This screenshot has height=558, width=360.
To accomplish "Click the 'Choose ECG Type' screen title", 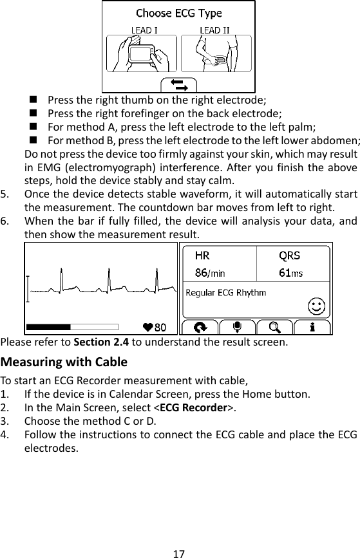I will point(178,13).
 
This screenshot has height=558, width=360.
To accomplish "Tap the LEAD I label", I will point(142,30).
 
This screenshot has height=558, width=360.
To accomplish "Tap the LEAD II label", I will point(214,30).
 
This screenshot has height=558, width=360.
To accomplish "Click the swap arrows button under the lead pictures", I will point(178,84).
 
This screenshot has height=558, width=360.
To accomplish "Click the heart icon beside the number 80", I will point(148,326).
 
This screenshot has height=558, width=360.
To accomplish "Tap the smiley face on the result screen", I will point(316,304).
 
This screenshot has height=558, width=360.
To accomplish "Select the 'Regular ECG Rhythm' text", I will point(225,293).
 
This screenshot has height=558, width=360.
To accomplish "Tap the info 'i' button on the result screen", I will point(312,326).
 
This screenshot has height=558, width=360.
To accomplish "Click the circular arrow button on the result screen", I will point(200,326).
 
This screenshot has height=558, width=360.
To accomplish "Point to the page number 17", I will point(180,553).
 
